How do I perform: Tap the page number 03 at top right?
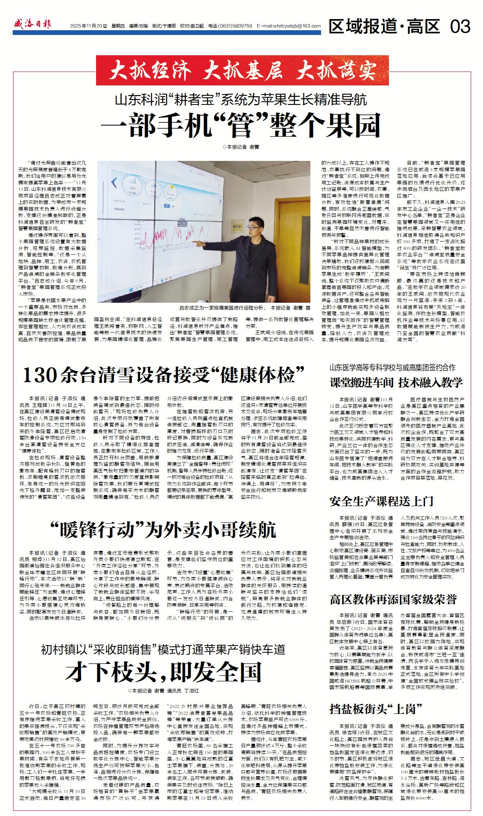pos(460,27)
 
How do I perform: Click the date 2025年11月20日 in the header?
pos(88,26)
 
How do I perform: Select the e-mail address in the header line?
pos(289,26)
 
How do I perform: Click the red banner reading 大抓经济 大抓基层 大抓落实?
pos(242,71)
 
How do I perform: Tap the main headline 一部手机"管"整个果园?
pos(241,125)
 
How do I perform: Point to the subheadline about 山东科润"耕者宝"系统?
pos(241,99)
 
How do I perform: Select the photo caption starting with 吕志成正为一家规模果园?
pos(244,308)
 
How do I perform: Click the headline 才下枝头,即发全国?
pos(164,672)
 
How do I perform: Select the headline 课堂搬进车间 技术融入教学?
pos(396,383)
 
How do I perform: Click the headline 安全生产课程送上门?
pos(381,501)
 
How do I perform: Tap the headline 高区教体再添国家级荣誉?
pos(393,599)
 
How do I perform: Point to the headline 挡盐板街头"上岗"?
pos(375,709)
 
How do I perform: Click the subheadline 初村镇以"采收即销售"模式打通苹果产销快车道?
pos(163,650)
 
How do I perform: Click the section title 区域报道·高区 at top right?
pos(384,27)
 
